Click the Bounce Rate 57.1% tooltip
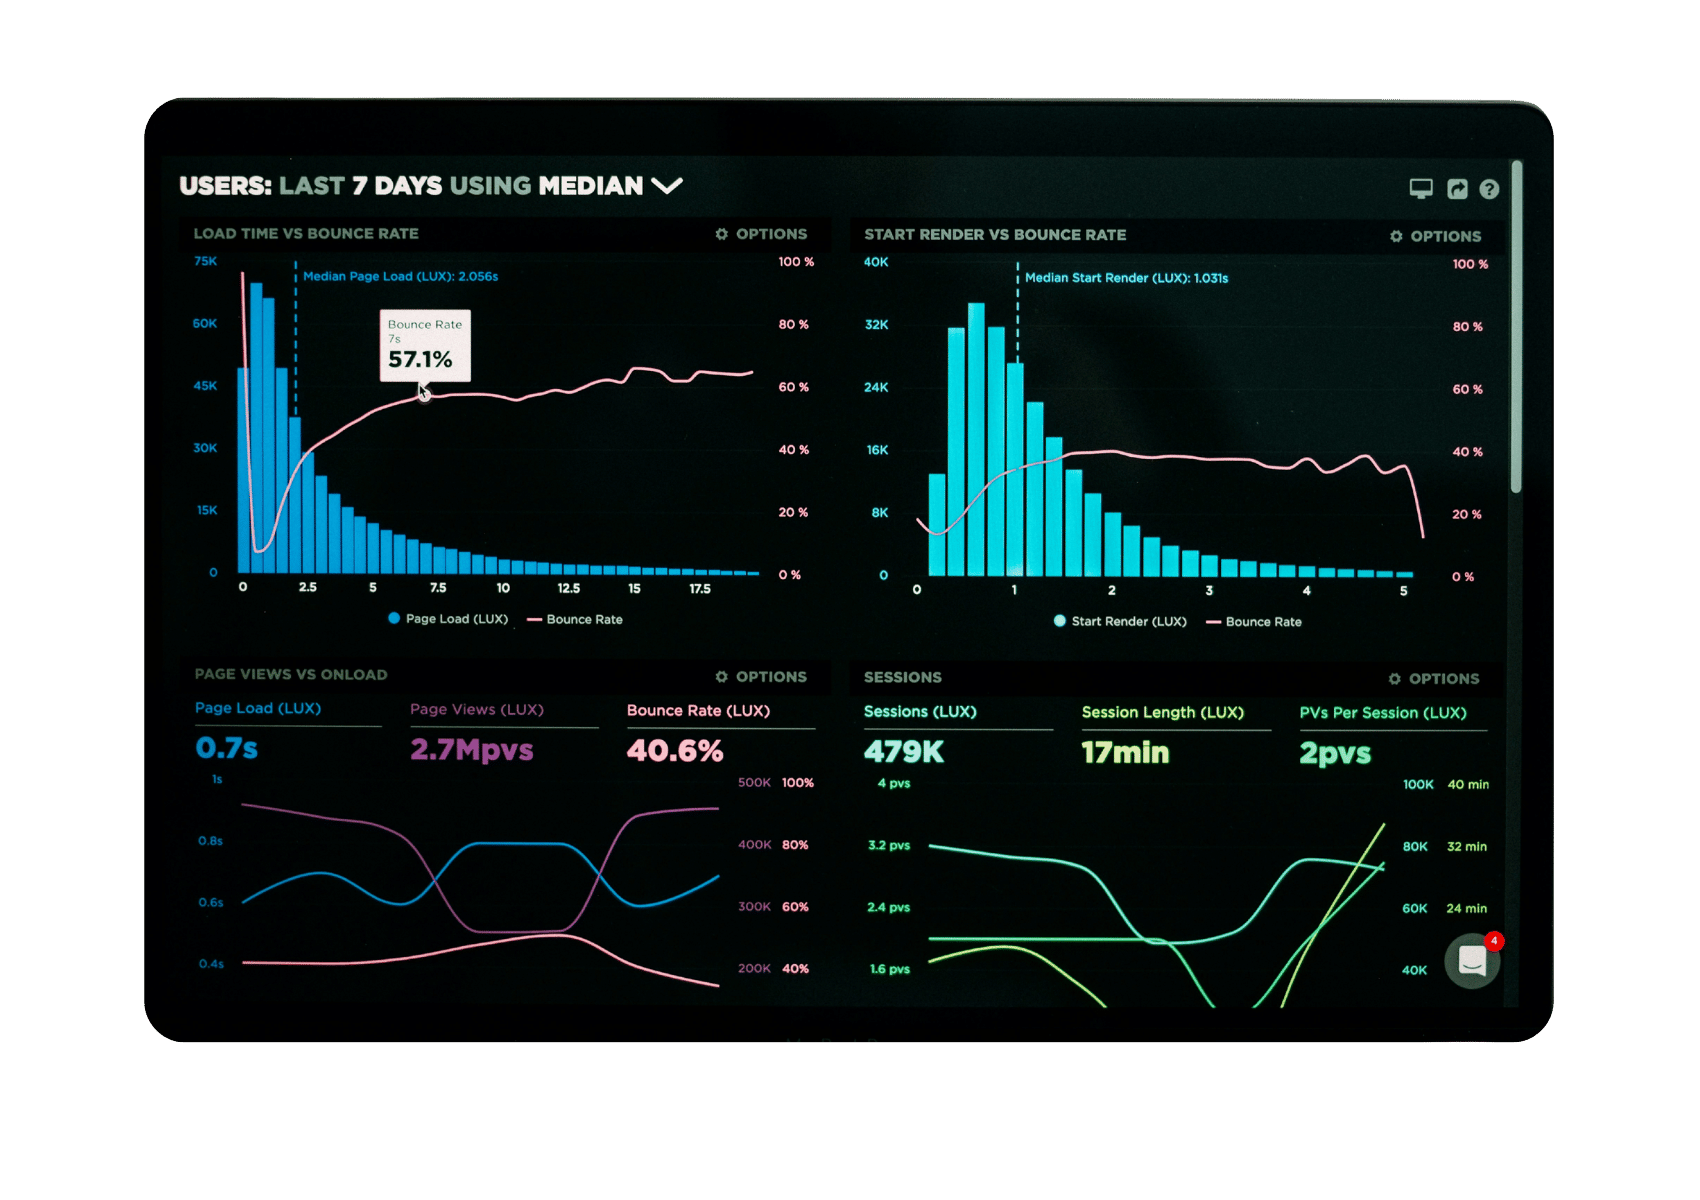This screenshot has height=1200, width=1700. pos(424,346)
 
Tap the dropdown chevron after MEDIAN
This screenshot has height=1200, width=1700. pos(666,186)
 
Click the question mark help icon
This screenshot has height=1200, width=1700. pos(1489,189)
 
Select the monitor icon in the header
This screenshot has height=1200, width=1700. pos(1421,188)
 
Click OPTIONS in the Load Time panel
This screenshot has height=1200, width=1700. pos(762,234)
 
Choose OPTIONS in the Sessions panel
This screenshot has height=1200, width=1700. pos(1434,679)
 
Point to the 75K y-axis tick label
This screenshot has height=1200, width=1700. pos(205,261)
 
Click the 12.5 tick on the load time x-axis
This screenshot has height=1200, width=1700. pos(568,588)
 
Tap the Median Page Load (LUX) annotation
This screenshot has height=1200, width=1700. pos(400,276)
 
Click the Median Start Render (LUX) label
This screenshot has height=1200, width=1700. pos(1126,278)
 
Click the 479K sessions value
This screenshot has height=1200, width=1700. pos(903,752)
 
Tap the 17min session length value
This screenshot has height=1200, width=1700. pos(1125,753)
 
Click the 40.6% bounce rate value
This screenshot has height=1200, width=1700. pos(675,751)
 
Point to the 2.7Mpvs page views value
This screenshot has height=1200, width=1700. pos(471,750)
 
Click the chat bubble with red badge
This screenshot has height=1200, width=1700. pos(1472,961)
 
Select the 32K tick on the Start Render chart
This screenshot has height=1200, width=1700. pos(876,325)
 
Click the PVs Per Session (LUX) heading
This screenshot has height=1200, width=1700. pos(1382,713)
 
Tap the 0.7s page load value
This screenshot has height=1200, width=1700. pos(227,748)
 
